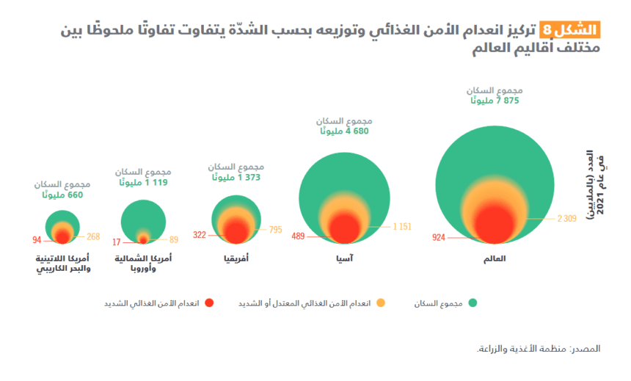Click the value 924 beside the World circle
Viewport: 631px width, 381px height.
439,238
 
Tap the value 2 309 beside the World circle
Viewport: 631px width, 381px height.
568,218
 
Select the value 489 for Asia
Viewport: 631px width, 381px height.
298,236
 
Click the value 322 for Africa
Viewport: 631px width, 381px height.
200,236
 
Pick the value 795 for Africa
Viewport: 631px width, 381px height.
275,230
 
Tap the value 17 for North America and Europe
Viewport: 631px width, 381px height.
117,242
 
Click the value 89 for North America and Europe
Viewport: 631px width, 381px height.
174,239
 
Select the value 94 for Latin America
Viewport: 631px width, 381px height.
37,240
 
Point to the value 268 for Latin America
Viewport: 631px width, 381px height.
93,236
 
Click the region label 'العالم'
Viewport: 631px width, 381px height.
495,258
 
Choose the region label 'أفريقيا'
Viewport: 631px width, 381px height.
236,258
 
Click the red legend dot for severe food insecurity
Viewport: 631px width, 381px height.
209,302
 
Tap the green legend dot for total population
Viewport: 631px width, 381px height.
473,302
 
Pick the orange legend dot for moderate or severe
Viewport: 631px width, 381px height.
381,302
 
